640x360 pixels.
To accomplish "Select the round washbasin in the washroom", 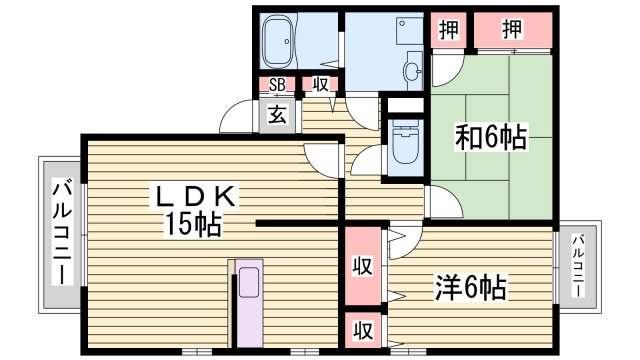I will [412, 70].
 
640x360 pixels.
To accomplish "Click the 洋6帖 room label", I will [470, 290].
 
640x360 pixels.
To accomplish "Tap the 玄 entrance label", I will [276, 116].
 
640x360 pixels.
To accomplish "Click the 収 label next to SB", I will [320, 86].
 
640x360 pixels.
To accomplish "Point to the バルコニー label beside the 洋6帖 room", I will [578, 265].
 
